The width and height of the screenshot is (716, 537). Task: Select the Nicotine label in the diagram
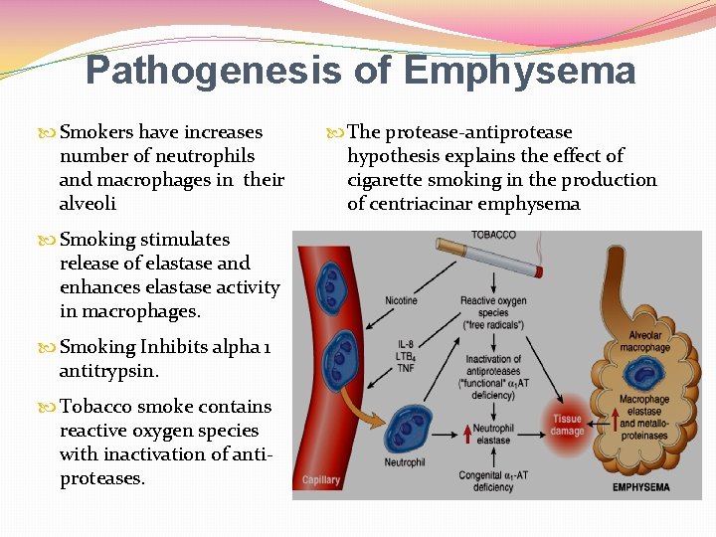[x=401, y=300]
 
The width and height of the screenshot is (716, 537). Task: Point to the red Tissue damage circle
[x=568, y=425]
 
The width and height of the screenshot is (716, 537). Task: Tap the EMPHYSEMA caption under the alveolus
[x=641, y=487]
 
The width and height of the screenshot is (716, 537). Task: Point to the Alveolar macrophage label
[x=644, y=341]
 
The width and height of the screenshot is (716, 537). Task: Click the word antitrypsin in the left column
[x=109, y=371]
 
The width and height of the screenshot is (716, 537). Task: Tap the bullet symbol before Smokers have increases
[x=49, y=133]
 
